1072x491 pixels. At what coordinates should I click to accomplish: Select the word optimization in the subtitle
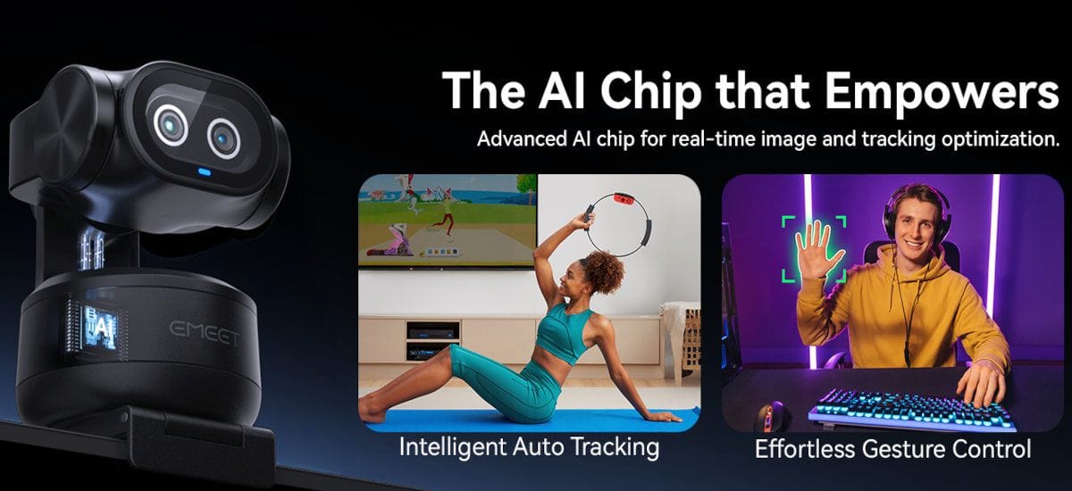[x=1001, y=139]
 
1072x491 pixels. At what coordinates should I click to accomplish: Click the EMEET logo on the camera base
[x=205, y=332]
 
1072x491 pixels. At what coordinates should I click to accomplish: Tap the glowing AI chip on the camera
[x=99, y=329]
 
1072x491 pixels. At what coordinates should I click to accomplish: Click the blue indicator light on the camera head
[x=205, y=171]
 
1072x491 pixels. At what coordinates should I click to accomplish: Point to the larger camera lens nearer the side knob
[x=171, y=125]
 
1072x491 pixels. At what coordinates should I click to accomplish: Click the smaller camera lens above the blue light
[x=223, y=138]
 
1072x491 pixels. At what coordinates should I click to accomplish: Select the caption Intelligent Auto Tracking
[x=529, y=447]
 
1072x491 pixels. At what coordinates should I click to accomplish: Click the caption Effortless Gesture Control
[x=892, y=449]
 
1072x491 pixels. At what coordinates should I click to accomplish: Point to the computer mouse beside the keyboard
[x=772, y=416]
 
